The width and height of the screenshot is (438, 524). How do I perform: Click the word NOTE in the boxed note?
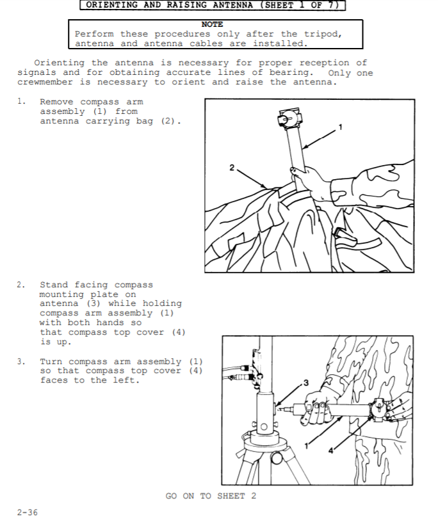[x=212, y=24]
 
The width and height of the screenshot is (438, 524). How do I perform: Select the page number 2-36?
[x=28, y=512]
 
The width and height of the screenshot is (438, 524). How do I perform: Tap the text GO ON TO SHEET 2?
[x=211, y=496]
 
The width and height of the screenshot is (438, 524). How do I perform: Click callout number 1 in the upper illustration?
[x=341, y=127]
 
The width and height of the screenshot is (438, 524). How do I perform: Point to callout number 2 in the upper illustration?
[x=232, y=168]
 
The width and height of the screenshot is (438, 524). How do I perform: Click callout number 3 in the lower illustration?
[x=305, y=383]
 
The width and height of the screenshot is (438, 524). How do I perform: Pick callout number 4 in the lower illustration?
[x=330, y=450]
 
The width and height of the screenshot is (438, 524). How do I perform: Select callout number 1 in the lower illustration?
[x=307, y=445]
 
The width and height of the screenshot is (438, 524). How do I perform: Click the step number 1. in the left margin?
[x=21, y=101]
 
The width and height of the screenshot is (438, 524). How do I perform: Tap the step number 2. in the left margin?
[x=21, y=285]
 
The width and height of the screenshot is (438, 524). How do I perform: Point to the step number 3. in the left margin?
[x=21, y=361]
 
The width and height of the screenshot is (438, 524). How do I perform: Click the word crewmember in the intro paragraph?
[x=45, y=82]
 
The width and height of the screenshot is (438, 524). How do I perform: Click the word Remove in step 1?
[x=56, y=102]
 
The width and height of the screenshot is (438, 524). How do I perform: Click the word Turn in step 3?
[x=51, y=361]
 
